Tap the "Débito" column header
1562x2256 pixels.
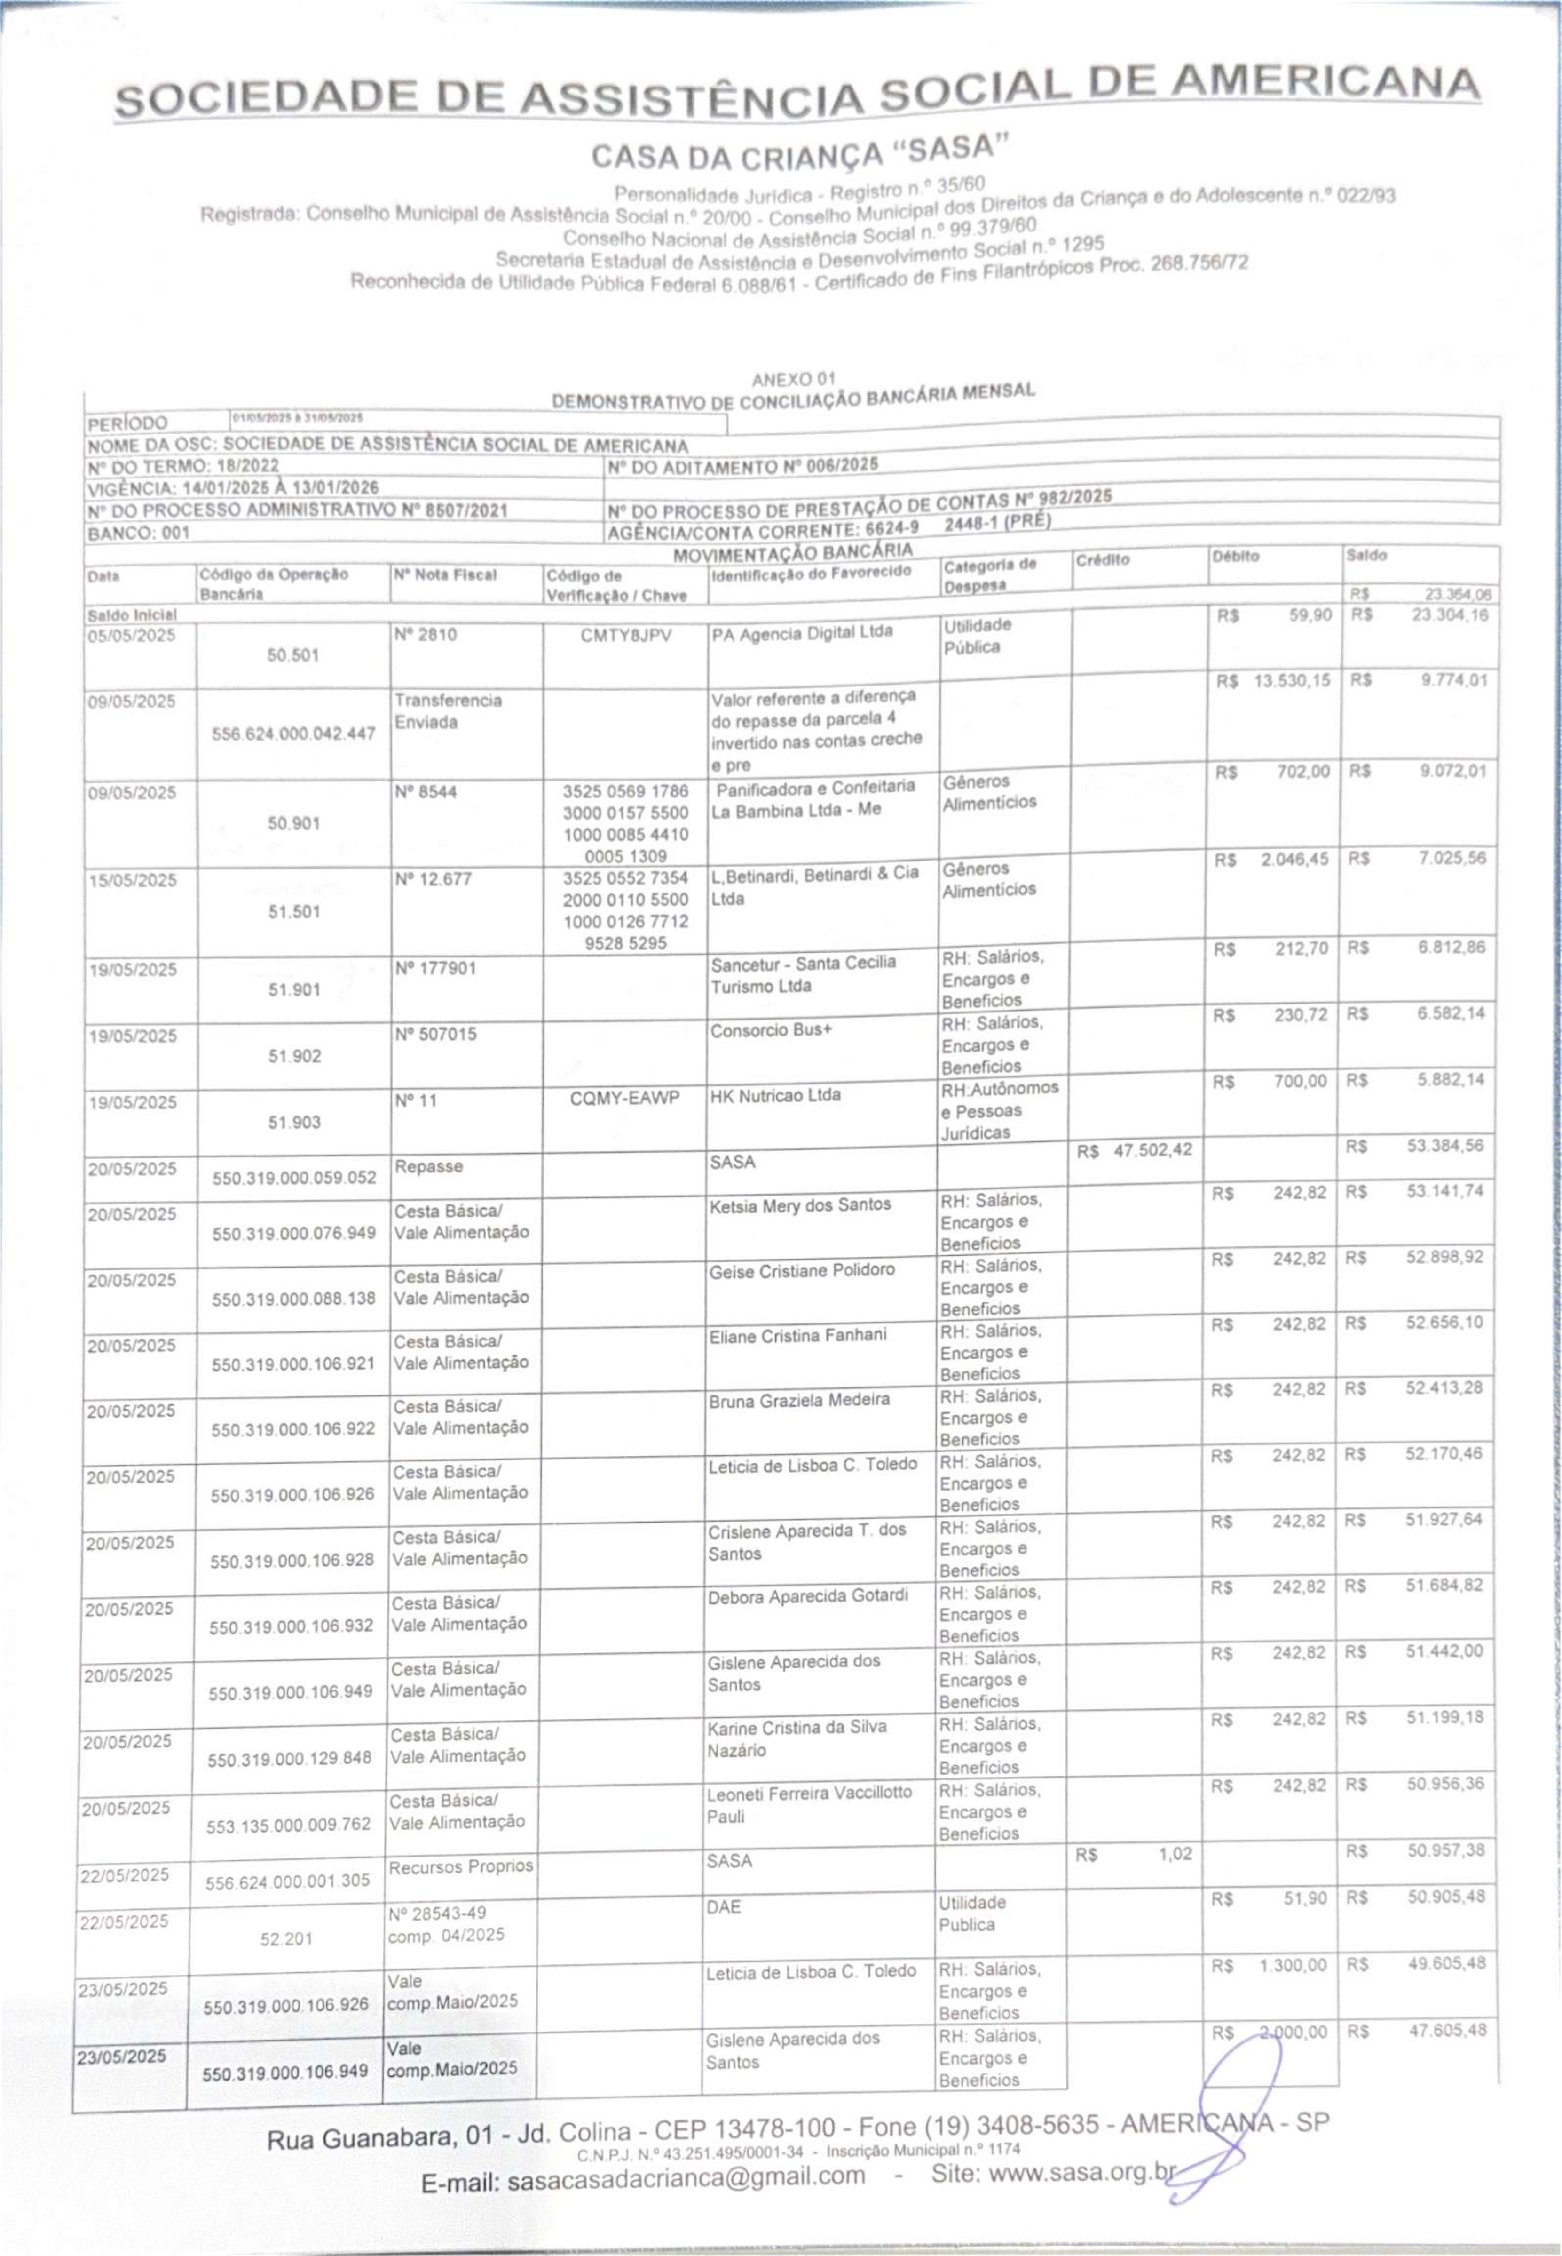(x=1235, y=556)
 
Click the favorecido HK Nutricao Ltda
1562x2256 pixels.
(x=775, y=1096)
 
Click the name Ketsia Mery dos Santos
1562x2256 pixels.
(x=800, y=1205)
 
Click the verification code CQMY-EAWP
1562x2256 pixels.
(x=624, y=1099)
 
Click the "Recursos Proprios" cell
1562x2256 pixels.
(x=460, y=1866)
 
